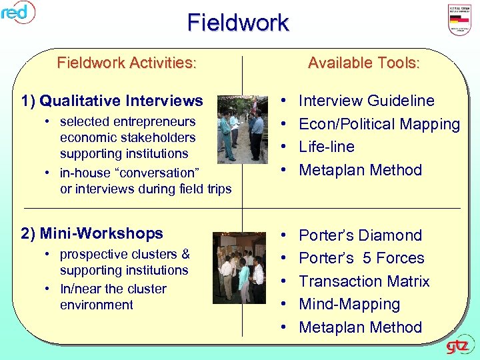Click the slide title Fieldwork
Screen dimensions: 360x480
click(x=238, y=23)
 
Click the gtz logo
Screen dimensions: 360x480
click(x=459, y=347)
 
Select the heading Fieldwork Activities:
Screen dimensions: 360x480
click(x=127, y=63)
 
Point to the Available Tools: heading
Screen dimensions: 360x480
click(x=364, y=63)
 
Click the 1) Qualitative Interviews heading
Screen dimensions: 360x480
click(x=112, y=101)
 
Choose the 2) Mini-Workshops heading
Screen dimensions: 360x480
click(x=92, y=233)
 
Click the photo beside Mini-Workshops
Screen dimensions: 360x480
click(x=239, y=267)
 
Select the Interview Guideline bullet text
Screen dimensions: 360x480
click(x=366, y=101)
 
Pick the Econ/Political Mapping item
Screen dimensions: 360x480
click(x=379, y=124)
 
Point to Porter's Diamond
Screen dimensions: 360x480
click(x=360, y=235)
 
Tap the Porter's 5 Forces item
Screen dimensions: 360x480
click(x=361, y=258)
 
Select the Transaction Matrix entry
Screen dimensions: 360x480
click(x=364, y=281)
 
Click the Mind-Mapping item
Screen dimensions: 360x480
click(x=349, y=304)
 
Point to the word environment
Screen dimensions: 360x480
click(x=97, y=305)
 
